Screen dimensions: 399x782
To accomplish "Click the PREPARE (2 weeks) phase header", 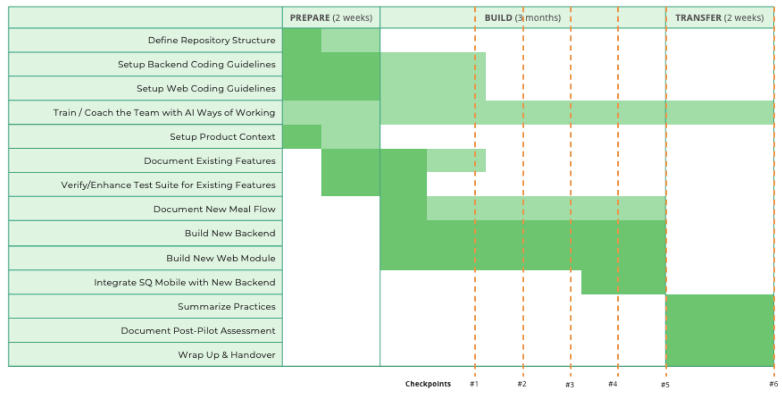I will [331, 18].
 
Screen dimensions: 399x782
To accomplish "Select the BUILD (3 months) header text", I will [522, 18].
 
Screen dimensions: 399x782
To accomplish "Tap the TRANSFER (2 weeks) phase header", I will [719, 18].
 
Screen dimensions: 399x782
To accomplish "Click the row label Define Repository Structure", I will [211, 40].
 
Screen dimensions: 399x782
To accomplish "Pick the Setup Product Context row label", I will [222, 137].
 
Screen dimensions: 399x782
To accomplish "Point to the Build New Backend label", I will [230, 233].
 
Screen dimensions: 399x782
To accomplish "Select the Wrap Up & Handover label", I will [226, 355].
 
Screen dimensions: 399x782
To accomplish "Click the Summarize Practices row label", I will [226, 306].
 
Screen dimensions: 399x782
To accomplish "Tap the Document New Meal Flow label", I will [214, 209].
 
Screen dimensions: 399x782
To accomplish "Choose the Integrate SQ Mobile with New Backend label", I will [184, 282].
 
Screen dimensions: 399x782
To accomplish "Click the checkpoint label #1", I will [474, 384].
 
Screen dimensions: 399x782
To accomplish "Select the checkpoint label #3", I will [570, 385].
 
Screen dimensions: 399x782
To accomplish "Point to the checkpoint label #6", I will [773, 384].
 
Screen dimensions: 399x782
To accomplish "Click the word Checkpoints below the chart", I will [428, 384].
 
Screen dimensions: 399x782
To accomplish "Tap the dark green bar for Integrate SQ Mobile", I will [623, 282].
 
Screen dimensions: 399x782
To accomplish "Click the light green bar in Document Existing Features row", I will [456, 161].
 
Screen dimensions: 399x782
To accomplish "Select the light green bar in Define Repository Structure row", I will [350, 40].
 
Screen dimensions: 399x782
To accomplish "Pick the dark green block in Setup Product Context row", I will [302, 137].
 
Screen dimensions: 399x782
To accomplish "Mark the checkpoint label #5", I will [665, 385].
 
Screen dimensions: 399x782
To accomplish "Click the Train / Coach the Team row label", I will [164, 113].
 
